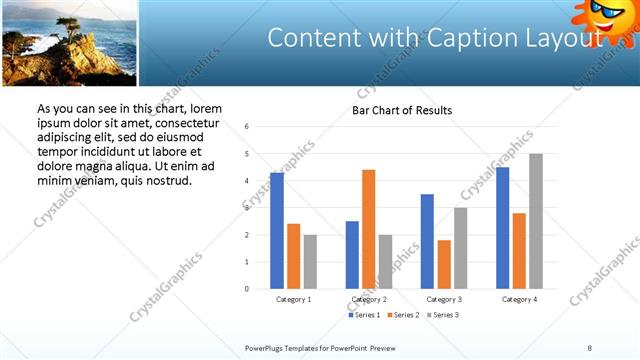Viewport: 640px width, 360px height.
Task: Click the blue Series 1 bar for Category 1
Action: tap(277, 231)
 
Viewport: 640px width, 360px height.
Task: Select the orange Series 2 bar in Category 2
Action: tap(369, 229)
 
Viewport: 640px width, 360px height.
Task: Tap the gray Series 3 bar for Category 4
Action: tap(536, 221)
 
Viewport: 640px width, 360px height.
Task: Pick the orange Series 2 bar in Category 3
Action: tap(444, 264)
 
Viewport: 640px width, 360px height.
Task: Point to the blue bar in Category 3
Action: tap(427, 241)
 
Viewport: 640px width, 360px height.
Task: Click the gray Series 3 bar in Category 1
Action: tap(310, 262)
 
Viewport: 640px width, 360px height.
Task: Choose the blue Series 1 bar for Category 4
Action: tap(502, 228)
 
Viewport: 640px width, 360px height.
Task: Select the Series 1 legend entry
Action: tap(363, 315)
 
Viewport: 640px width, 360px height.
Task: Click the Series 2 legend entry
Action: tap(402, 315)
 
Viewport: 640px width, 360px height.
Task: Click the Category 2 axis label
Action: tap(369, 299)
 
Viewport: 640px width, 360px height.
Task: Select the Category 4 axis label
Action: tap(519, 299)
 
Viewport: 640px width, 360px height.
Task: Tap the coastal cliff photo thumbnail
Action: tap(68, 43)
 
